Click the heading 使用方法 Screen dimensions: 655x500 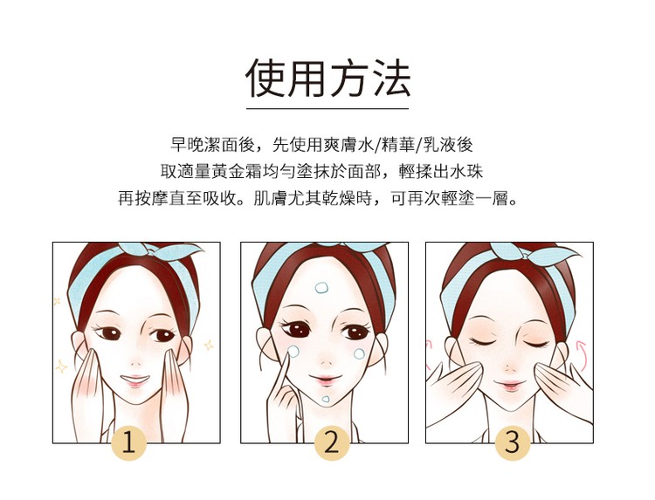327,79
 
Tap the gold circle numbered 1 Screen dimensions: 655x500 129,442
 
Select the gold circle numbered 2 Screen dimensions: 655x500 331,442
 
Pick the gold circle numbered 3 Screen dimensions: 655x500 512,442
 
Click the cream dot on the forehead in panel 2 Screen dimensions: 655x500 321,288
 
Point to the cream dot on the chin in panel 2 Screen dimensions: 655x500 326,399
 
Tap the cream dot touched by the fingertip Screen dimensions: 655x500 293,352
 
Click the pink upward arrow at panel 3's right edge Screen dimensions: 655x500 581,356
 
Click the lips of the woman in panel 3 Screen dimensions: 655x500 509,385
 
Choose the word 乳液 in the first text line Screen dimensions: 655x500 440,145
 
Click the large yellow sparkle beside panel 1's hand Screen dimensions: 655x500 61,366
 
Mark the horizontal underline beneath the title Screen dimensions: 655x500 327,108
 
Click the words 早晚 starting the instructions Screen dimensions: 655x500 187,145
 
